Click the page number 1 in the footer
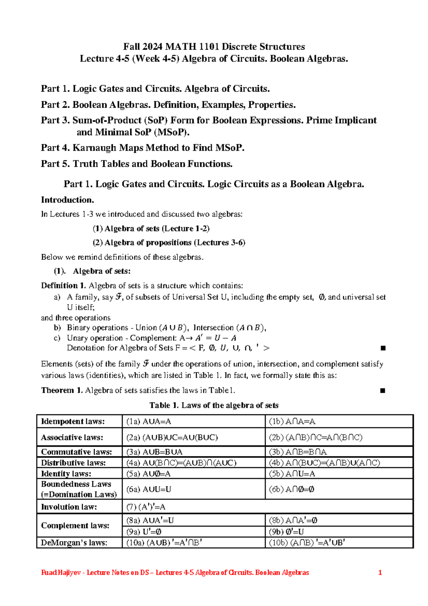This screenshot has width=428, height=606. point(380,572)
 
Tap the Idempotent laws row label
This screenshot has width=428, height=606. point(73,421)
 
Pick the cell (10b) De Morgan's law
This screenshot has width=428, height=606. point(307,543)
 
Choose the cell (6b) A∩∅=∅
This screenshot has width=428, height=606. point(291,489)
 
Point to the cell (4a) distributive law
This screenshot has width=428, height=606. point(181,463)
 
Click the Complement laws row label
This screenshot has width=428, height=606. point(75,525)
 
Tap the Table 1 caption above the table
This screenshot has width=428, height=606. point(214,405)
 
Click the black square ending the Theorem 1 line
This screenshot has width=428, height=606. point(382,391)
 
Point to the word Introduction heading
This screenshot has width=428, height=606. point(67,200)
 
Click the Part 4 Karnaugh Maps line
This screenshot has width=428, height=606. point(143,148)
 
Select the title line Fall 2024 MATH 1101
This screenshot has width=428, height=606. point(214,47)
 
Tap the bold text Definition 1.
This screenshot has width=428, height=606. point(63,286)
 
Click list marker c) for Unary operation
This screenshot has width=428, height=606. point(57,338)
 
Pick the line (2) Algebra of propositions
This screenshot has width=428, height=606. point(169,243)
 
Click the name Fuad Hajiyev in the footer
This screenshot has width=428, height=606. point(61,572)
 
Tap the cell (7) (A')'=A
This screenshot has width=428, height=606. point(146,507)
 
